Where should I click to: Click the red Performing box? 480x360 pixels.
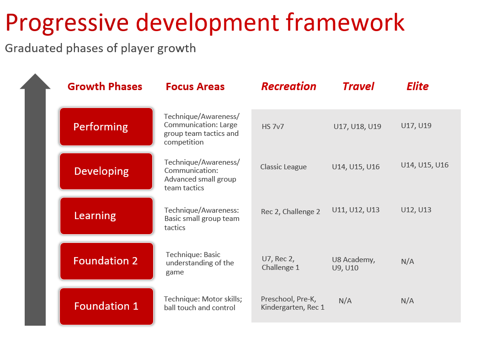[x=106, y=127]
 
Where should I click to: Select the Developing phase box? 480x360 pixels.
[x=106, y=171]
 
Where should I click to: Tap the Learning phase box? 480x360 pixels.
[x=107, y=216]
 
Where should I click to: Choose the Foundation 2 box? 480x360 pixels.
[x=107, y=261]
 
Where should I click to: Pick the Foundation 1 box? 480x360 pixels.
[x=107, y=306]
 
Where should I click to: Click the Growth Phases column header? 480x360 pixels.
[x=105, y=87]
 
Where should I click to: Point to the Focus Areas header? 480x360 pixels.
[x=195, y=87]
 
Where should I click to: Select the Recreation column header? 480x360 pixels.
[x=288, y=86]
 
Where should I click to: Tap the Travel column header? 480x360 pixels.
[x=358, y=86]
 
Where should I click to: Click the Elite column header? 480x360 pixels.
[x=417, y=86]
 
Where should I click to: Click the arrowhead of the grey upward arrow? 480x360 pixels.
[x=35, y=81]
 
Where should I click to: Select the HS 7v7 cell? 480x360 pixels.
[x=273, y=127]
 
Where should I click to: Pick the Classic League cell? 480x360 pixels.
[x=283, y=167]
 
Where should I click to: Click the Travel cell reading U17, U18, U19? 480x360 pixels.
[x=357, y=127]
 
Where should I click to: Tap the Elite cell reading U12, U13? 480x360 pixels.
[x=416, y=210]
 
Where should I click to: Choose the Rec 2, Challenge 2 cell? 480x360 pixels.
[x=290, y=212]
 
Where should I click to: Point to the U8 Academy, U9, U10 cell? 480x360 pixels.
[x=353, y=264]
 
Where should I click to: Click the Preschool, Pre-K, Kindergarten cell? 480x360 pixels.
[x=293, y=303]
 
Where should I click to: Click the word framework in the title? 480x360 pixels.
[x=345, y=22]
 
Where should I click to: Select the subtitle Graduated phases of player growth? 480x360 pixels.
[x=101, y=48]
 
